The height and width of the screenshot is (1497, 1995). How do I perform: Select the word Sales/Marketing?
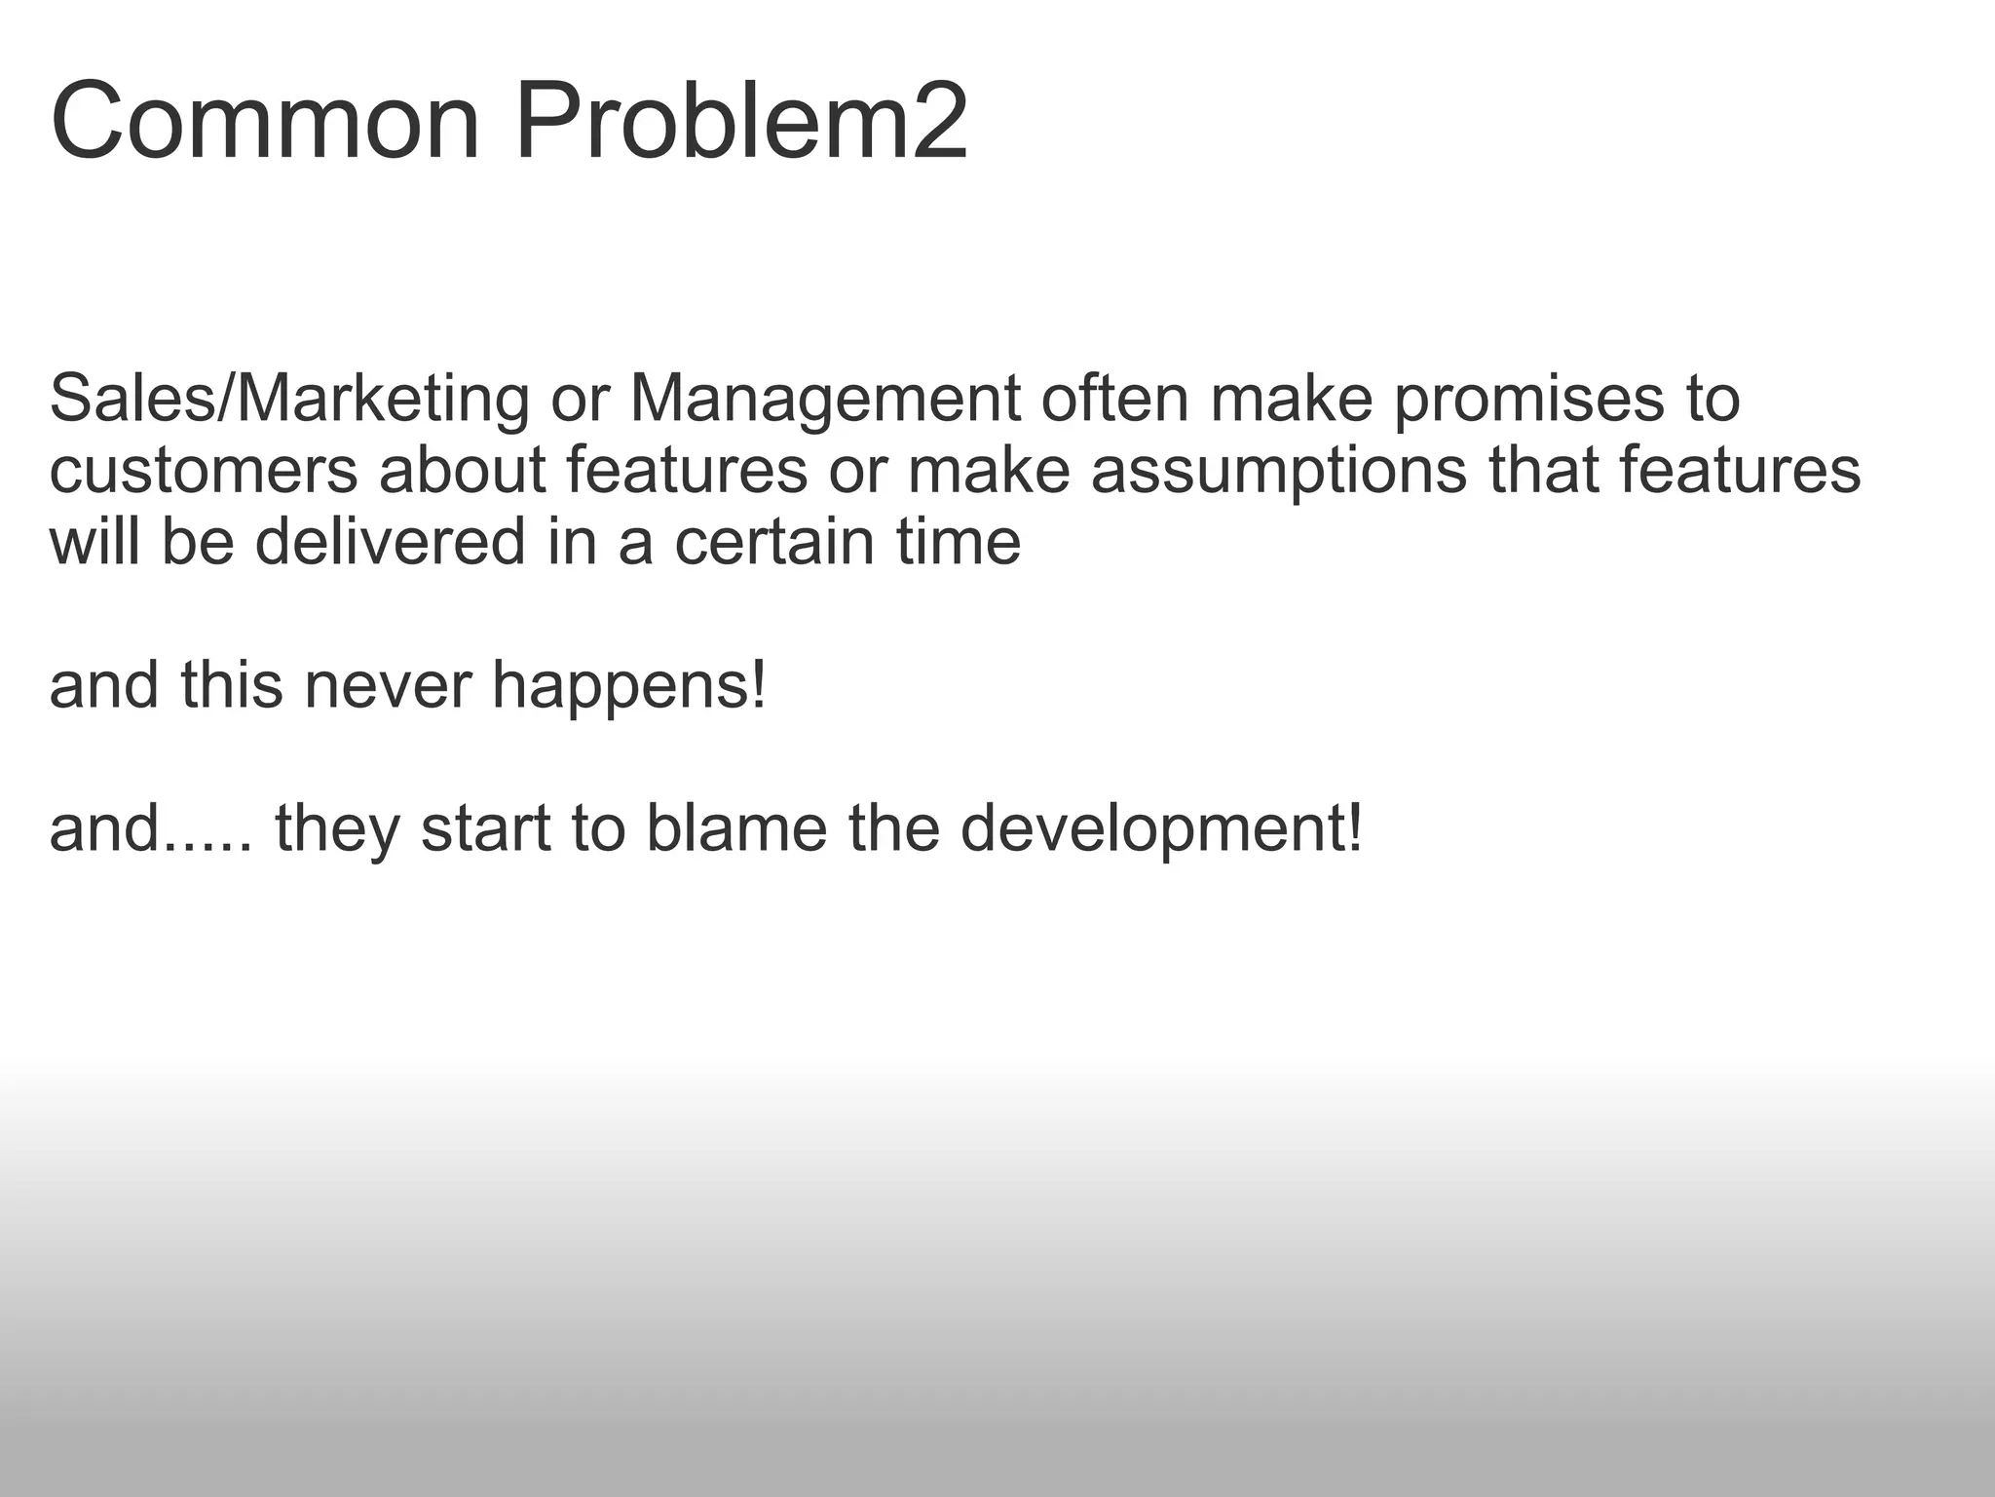click(x=289, y=400)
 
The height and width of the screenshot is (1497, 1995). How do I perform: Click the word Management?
click(x=825, y=400)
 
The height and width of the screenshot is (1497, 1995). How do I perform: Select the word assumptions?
click(x=1278, y=471)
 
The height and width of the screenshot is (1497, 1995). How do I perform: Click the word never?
click(x=388, y=685)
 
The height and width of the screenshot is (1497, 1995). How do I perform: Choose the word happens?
click(x=629, y=685)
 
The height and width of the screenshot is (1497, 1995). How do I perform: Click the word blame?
click(x=736, y=828)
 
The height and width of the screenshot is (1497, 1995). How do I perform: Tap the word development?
click(x=1161, y=828)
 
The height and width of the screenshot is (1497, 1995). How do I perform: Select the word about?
click(x=462, y=471)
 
